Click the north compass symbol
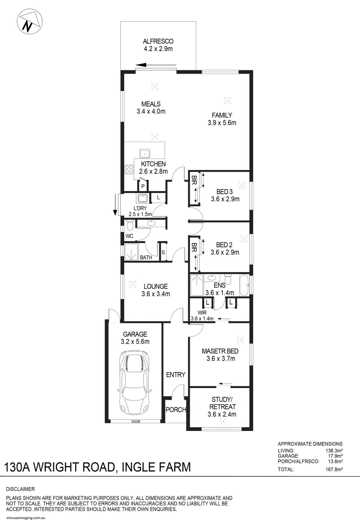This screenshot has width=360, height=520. pyautogui.click(x=29, y=23)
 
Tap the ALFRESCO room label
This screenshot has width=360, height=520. pyautogui.click(x=158, y=41)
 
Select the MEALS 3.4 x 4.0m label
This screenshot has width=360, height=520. pyautogui.click(x=151, y=107)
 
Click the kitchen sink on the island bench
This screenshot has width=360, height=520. pyautogui.click(x=145, y=154)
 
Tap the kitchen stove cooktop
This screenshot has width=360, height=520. pyautogui.click(x=129, y=169)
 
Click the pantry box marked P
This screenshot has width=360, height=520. pyautogui.click(x=143, y=186)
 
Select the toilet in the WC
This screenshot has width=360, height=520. pyautogui.click(x=129, y=224)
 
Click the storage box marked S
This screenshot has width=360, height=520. pyautogui.click(x=163, y=252)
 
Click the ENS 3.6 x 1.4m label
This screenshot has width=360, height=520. pyautogui.click(x=219, y=288)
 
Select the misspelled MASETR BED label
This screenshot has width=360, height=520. pyautogui.click(x=219, y=351)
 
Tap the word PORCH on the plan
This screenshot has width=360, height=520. pyautogui.click(x=175, y=410)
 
